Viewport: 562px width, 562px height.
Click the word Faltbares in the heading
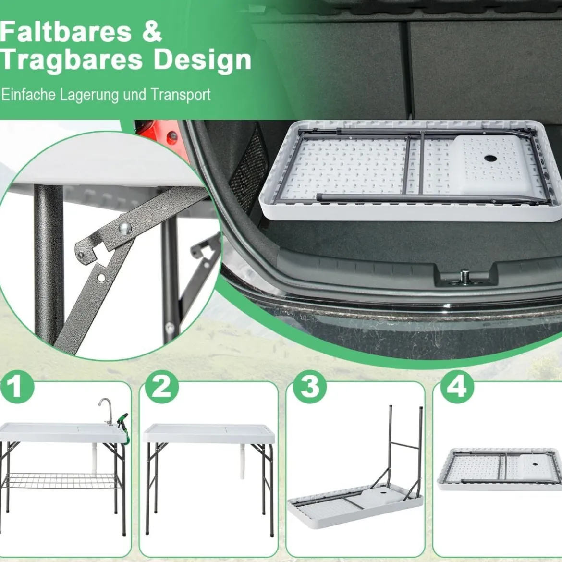click(x=66, y=32)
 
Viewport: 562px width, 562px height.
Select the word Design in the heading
click(x=202, y=61)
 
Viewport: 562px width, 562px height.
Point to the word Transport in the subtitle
click(x=180, y=95)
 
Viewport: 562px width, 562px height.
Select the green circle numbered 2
click(x=162, y=387)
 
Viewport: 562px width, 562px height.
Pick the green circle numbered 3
click(x=310, y=387)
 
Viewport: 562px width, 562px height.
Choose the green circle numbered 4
click(x=457, y=387)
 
